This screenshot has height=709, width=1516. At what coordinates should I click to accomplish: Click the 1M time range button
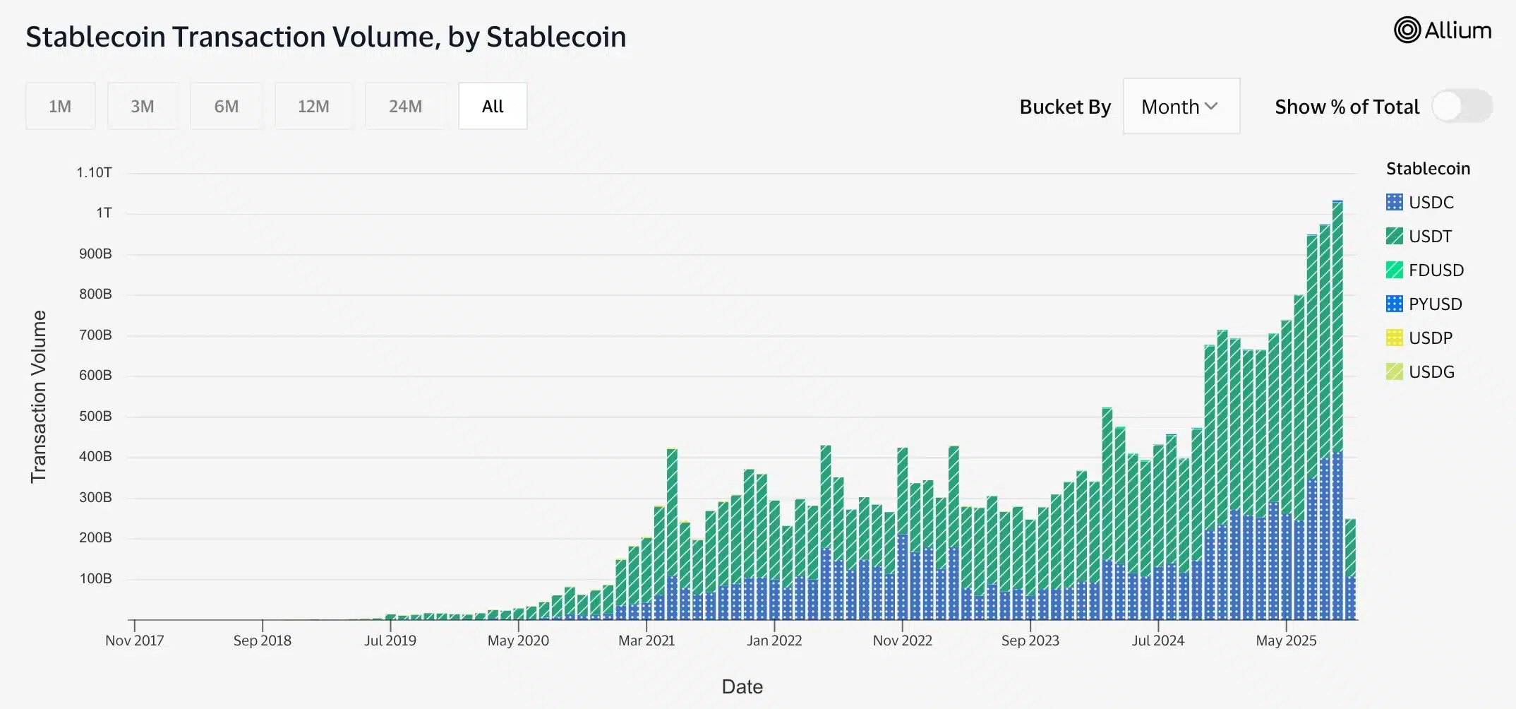60,106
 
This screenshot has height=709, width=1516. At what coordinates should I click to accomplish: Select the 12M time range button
313,106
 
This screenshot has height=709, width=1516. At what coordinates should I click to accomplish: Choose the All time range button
493,106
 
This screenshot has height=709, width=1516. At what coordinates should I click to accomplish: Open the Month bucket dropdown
1181,106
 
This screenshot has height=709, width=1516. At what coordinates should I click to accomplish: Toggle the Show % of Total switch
1462,107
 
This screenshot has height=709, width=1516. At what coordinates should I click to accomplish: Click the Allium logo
1442,30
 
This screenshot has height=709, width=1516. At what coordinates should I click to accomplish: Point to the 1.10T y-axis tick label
94,172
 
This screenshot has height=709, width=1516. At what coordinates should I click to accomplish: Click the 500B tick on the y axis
95,416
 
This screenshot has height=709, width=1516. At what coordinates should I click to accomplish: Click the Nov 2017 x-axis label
134,641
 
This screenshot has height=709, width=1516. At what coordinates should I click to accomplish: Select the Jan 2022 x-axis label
774,641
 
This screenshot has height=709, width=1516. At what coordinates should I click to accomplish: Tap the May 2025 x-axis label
1286,641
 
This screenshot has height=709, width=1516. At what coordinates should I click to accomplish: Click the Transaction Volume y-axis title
38,397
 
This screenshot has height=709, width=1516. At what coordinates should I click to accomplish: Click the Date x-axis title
742,686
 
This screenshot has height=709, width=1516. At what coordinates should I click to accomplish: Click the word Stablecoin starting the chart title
95,37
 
